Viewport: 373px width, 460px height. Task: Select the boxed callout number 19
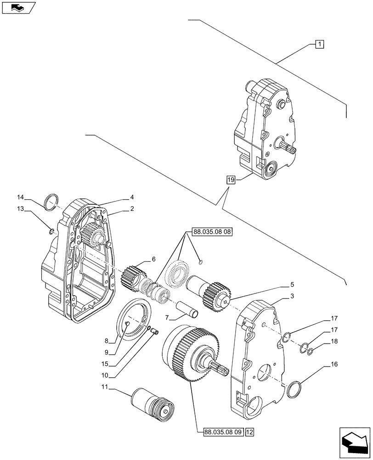point(231,180)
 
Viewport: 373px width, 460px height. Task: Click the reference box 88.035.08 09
point(223,431)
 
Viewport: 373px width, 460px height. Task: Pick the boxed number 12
point(249,431)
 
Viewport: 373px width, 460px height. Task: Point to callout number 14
point(20,197)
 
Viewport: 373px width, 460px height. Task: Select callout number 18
point(333,341)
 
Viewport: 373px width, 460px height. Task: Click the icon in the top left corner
point(18,8)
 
